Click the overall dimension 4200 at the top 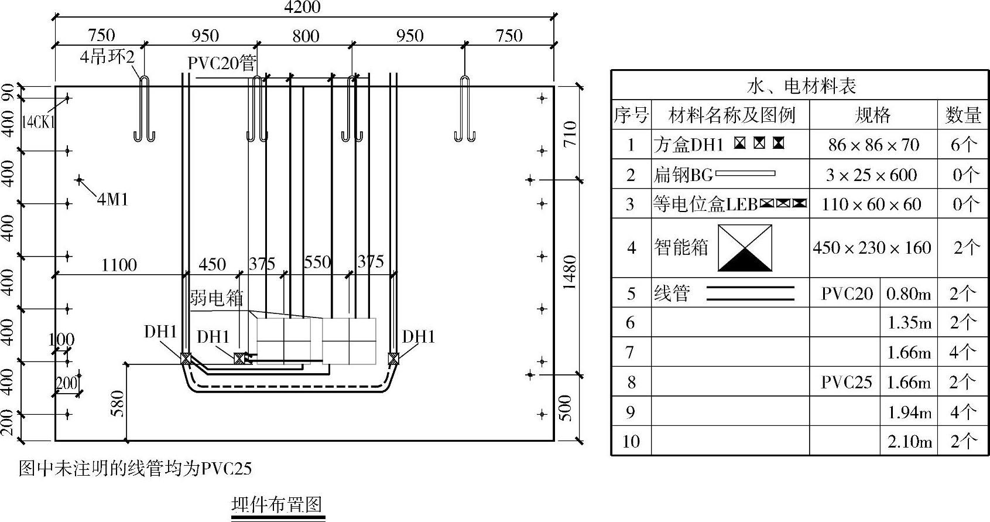pos(302,7)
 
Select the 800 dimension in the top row pos(306,36)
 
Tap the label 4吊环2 pos(108,57)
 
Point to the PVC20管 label pos(222,63)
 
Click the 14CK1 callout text pos(37,122)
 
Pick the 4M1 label pos(112,200)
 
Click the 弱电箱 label pos(216,298)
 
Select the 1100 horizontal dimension pos(119,265)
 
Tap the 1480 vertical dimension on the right pos(569,272)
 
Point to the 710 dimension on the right pos(569,134)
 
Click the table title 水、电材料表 pos(801,86)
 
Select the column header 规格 pos(872,115)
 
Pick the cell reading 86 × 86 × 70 pos(873,145)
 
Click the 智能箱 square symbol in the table pos(745,248)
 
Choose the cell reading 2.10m pos(909,441)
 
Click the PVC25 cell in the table pos(846,382)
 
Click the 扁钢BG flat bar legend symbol pos(745,174)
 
